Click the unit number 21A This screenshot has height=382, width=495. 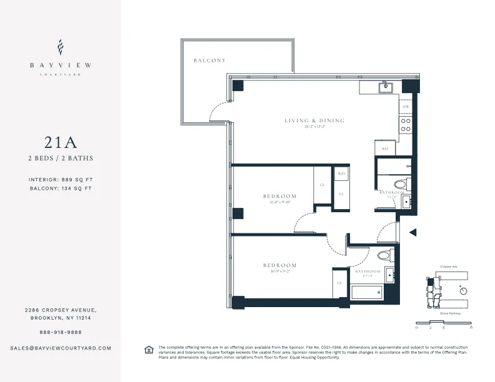click(x=61, y=142)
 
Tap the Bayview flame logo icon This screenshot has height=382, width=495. click(x=61, y=47)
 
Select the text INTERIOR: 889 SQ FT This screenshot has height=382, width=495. click(x=61, y=180)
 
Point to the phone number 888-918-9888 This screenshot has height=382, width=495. click(x=61, y=332)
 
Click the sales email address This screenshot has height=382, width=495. click(x=61, y=348)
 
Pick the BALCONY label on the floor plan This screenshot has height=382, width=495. click(x=209, y=61)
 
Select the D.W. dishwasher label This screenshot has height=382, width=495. click(x=406, y=107)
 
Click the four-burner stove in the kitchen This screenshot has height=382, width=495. click(x=406, y=125)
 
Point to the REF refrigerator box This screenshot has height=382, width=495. click(x=386, y=149)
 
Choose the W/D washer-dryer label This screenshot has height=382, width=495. click(x=341, y=174)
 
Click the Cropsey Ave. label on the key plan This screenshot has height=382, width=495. click(x=449, y=266)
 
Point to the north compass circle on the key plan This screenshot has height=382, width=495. click(x=463, y=290)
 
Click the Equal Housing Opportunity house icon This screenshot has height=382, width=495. click(x=148, y=349)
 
